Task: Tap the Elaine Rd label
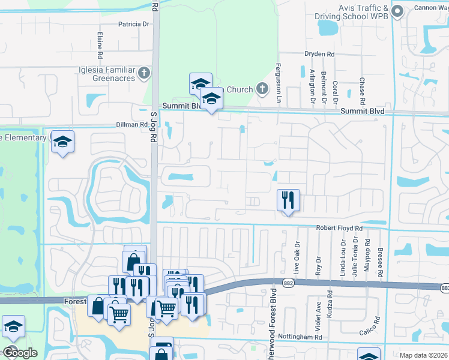(x=100, y=42)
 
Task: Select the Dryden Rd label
(x=319, y=54)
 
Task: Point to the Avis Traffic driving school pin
(x=397, y=11)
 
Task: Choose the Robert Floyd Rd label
(x=340, y=229)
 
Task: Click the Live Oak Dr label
(x=297, y=255)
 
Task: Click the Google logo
(x=19, y=352)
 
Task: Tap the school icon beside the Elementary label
(x=62, y=142)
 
